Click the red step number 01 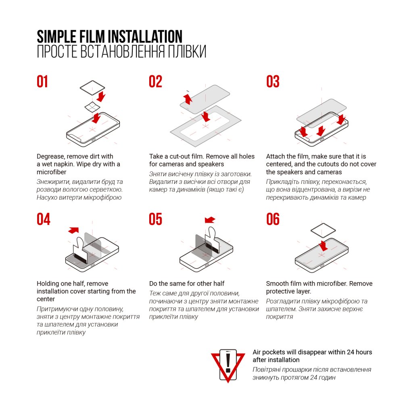tap(42, 81)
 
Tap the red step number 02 tap(155, 81)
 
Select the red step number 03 tap(273, 81)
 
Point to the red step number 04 tap(44, 219)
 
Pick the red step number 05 tap(155, 219)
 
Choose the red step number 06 tap(273, 219)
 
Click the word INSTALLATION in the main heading tap(145, 36)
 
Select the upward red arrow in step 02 tap(188, 99)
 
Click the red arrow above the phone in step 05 tap(210, 220)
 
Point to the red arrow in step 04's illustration tap(73, 230)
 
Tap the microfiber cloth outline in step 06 tap(323, 230)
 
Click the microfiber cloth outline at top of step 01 tap(92, 88)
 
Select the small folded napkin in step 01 tap(92, 106)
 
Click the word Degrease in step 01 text tap(50, 156)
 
